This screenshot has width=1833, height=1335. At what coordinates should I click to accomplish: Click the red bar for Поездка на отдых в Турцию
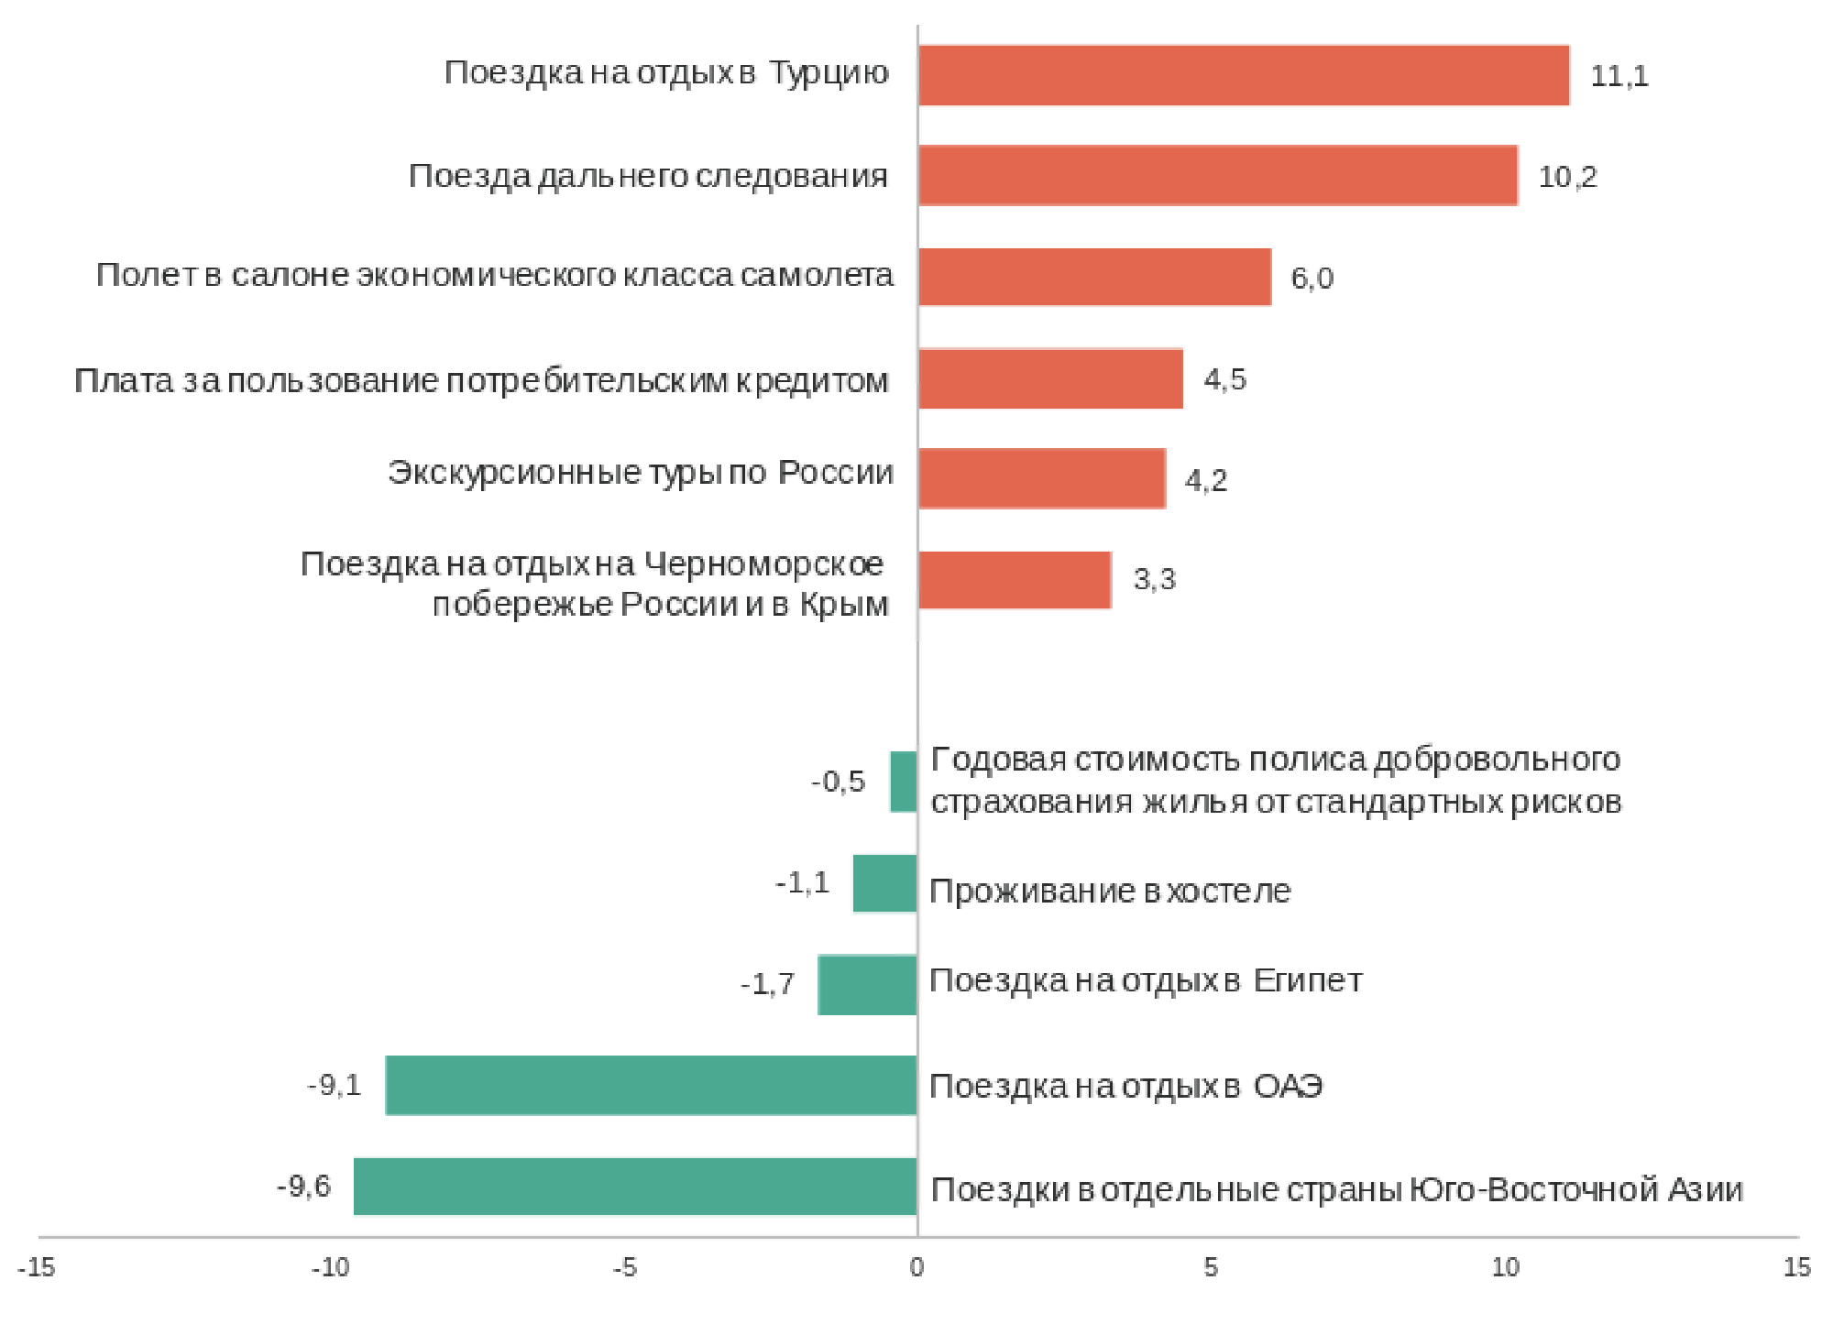pyautogui.click(x=1243, y=75)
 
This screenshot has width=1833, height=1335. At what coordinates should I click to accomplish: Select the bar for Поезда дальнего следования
pyautogui.click(x=1217, y=175)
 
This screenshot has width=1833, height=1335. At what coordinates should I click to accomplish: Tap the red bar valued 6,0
pyautogui.click(x=1094, y=277)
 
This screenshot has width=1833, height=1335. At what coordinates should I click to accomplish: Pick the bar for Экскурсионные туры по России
pyautogui.click(x=1041, y=478)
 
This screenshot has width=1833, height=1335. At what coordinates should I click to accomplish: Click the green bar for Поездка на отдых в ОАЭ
pyautogui.click(x=651, y=1085)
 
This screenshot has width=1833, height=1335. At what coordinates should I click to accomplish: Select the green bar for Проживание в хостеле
pyautogui.click(x=884, y=883)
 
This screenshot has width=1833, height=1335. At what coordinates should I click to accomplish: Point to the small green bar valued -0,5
pyautogui.click(x=903, y=782)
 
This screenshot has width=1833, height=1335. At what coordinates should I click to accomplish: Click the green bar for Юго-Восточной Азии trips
pyautogui.click(x=635, y=1187)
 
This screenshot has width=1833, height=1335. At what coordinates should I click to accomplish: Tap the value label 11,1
pyautogui.click(x=1619, y=76)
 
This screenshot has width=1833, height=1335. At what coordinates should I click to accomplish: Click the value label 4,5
pyautogui.click(x=1224, y=379)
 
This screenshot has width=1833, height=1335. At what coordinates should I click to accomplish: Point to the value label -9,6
pyautogui.click(x=303, y=1187)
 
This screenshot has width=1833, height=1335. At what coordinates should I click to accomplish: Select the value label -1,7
pyautogui.click(x=767, y=984)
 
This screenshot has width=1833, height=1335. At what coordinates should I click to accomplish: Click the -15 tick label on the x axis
pyautogui.click(x=37, y=1267)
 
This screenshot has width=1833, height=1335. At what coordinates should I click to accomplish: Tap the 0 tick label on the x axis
pyautogui.click(x=916, y=1267)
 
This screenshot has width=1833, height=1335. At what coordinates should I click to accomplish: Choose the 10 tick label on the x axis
pyautogui.click(x=1505, y=1267)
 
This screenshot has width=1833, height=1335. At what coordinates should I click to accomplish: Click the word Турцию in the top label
pyautogui.click(x=829, y=72)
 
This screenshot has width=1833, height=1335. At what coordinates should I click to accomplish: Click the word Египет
pyautogui.click(x=1308, y=980)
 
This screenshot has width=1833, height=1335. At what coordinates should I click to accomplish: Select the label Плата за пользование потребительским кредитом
pyautogui.click(x=481, y=380)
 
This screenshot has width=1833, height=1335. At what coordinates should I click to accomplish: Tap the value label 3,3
pyautogui.click(x=1154, y=579)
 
